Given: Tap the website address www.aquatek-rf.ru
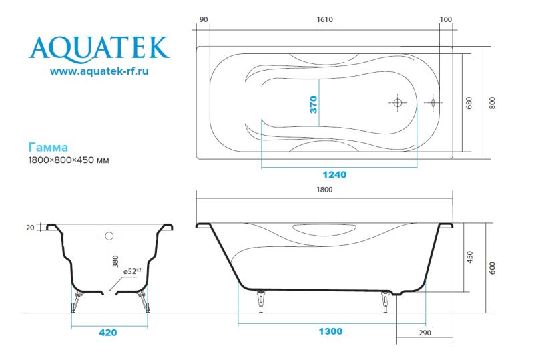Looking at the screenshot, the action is click(x=99, y=71).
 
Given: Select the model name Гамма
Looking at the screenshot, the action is click(x=48, y=147).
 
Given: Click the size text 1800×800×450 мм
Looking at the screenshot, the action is click(x=69, y=160).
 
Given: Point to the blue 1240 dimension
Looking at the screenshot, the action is click(x=334, y=174).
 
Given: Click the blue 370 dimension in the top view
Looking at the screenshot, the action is click(x=314, y=104).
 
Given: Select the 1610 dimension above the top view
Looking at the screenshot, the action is click(x=324, y=19).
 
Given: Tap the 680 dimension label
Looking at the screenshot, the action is click(x=469, y=103).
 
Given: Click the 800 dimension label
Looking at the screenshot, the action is click(x=492, y=103).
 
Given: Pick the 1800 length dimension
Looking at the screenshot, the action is click(x=324, y=190).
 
